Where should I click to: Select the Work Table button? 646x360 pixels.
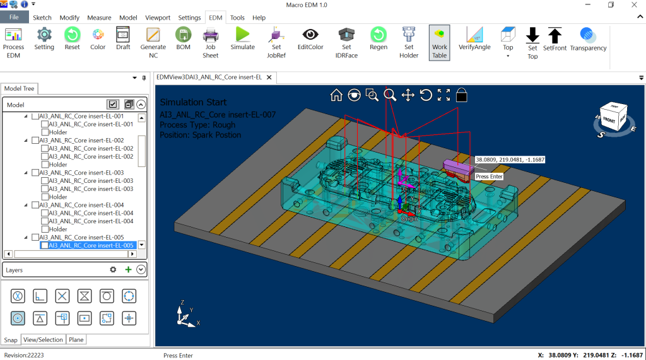(x=439, y=42)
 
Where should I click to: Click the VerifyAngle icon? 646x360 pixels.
(x=474, y=38)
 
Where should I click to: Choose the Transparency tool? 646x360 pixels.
(x=588, y=38)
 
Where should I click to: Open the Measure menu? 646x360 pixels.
(x=99, y=18)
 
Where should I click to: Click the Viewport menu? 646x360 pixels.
(x=158, y=18)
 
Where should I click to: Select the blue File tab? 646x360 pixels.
(x=14, y=18)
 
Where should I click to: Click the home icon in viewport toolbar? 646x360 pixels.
(x=336, y=95)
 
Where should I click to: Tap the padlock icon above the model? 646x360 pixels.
(x=462, y=95)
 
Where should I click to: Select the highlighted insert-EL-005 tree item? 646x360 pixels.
(x=91, y=245)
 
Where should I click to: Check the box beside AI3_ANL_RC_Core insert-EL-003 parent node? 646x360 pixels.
(x=35, y=173)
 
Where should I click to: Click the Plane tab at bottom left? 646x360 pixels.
(x=76, y=340)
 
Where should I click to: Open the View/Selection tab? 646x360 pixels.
(x=43, y=340)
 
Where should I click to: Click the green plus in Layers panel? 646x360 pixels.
(x=128, y=270)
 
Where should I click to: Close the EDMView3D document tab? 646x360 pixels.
(x=269, y=78)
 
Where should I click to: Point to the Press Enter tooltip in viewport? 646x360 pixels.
(x=489, y=177)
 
